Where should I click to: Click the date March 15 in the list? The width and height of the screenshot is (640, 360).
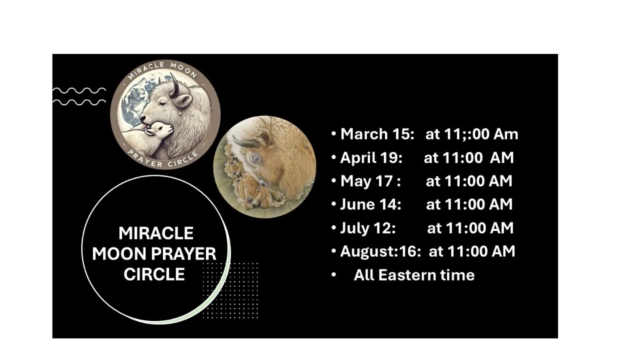click(x=377, y=134)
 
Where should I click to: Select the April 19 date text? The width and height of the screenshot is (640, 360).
click(x=371, y=157)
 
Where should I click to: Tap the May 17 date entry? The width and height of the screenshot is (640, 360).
click(x=370, y=181)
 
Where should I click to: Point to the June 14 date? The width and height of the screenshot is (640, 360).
click(x=370, y=204)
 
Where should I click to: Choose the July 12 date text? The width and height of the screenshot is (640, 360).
click(x=368, y=228)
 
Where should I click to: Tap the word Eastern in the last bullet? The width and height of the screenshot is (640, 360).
click(x=407, y=275)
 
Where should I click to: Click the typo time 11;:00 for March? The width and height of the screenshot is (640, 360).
click(x=467, y=134)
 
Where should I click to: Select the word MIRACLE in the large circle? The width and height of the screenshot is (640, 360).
click(x=156, y=233)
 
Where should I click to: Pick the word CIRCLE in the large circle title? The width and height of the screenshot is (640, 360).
click(x=154, y=274)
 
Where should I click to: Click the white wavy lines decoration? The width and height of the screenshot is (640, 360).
click(x=79, y=96)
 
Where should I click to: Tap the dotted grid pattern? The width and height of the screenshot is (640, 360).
click(x=230, y=290)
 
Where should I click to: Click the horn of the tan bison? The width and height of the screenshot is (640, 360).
click(x=244, y=141)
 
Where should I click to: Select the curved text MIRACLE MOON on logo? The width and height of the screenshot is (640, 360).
click(x=162, y=69)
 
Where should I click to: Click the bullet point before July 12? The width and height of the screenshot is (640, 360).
click(x=333, y=227)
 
